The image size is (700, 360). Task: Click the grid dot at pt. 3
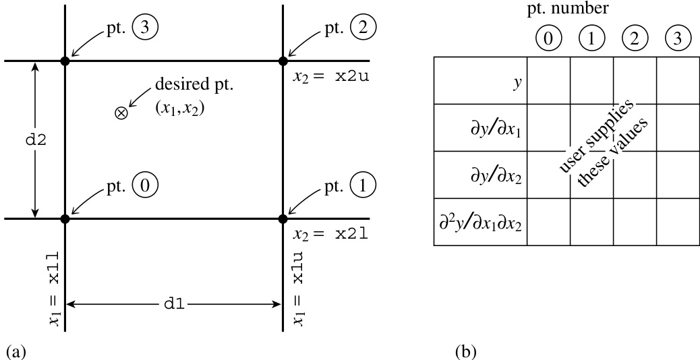65,61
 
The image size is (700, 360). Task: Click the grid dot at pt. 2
283,61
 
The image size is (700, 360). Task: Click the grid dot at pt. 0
65,218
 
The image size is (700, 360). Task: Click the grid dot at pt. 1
283,218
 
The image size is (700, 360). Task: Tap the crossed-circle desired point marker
121,113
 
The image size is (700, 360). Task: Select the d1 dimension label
174,305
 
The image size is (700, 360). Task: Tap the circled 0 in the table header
548,38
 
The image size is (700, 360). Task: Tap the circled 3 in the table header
678,38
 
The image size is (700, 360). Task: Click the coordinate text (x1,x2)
179,107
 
